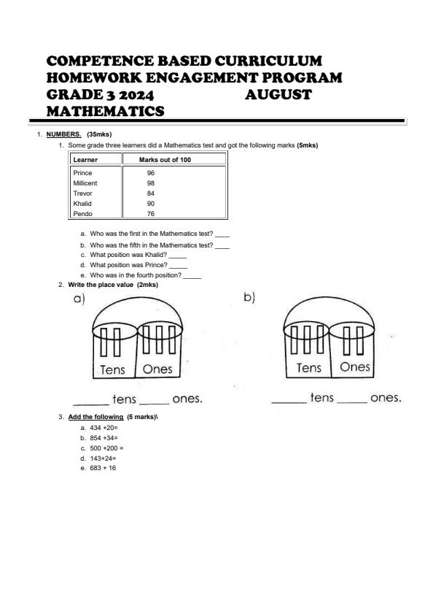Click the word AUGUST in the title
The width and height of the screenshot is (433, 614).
278,95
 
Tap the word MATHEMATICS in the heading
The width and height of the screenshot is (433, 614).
105,111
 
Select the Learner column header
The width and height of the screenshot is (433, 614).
86,159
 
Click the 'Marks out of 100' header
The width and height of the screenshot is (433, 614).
165,159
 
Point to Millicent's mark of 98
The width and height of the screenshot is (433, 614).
151,183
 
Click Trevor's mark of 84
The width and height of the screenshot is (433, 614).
151,193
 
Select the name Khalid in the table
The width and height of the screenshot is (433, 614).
82,204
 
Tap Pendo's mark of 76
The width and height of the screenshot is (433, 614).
151,214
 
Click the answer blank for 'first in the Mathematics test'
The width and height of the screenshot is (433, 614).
222,234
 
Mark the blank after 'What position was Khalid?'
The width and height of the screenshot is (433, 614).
178,255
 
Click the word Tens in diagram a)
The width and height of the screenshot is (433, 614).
112,369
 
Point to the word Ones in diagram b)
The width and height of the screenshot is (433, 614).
355,367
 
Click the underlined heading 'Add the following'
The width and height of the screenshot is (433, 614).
95,416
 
